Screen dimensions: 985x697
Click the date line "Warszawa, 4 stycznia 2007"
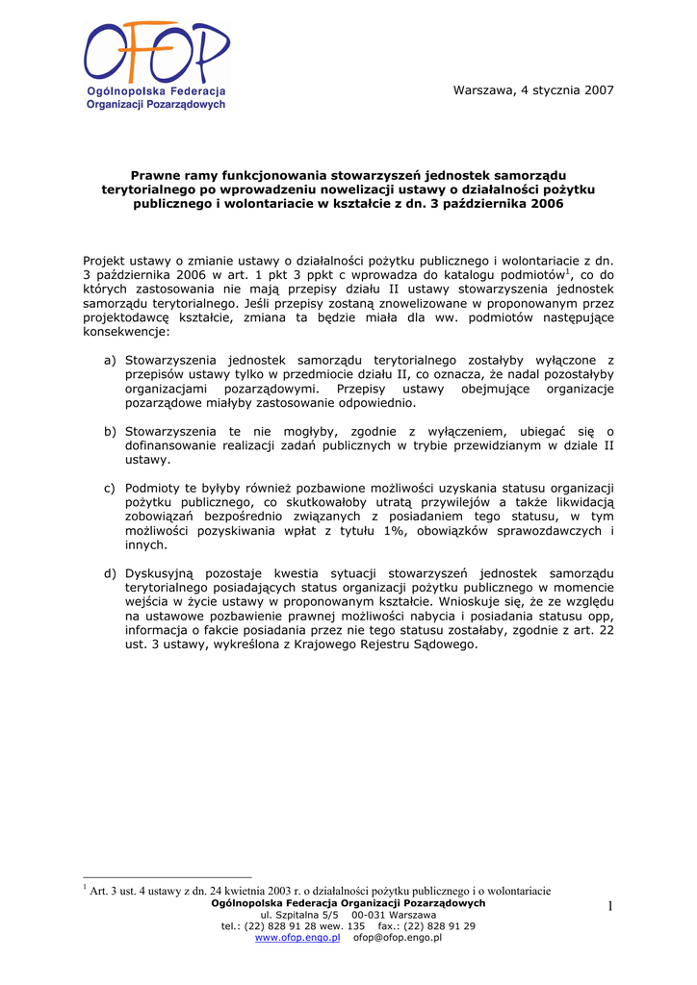pyautogui.click(x=532, y=90)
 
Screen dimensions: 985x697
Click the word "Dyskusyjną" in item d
pyautogui.click(x=159, y=574)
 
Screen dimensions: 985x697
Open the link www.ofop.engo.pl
pyautogui.click(x=297, y=937)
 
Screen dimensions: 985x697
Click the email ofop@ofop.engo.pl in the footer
pyautogui.click(x=398, y=937)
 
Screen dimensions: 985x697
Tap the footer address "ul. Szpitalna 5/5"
pyautogui.click(x=299, y=915)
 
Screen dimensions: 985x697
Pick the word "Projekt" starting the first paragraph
pyautogui.click(x=105, y=260)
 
